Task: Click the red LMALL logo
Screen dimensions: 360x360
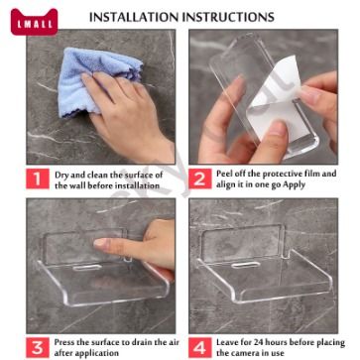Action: (x=34, y=22)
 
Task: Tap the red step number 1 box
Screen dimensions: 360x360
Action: (x=38, y=179)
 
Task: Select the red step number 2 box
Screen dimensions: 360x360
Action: (x=200, y=179)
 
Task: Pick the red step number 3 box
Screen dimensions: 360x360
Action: (x=38, y=347)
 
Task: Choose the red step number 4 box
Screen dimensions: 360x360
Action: (x=200, y=347)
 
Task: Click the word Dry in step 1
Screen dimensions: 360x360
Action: (x=61, y=176)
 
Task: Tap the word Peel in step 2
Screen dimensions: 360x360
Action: (x=225, y=174)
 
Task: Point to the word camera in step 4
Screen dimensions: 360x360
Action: (x=246, y=353)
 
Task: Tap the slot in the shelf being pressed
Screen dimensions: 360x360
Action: (x=87, y=268)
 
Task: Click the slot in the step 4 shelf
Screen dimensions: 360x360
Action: (x=245, y=265)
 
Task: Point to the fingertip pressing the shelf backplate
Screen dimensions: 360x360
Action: (x=99, y=244)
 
